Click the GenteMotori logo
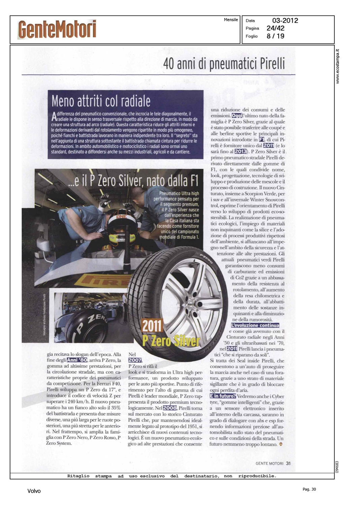(57, 29)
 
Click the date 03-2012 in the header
(285, 21)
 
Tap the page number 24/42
(275, 28)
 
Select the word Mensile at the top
(231, 20)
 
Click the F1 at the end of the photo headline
(194, 181)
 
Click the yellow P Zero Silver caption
(171, 341)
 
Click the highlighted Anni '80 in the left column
(77, 360)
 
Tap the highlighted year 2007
(135, 360)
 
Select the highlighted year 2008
(170, 408)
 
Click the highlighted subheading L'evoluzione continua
(255, 325)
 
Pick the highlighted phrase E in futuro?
(223, 396)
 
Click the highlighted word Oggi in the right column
(237, 116)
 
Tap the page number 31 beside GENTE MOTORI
(288, 463)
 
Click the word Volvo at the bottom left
(34, 491)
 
